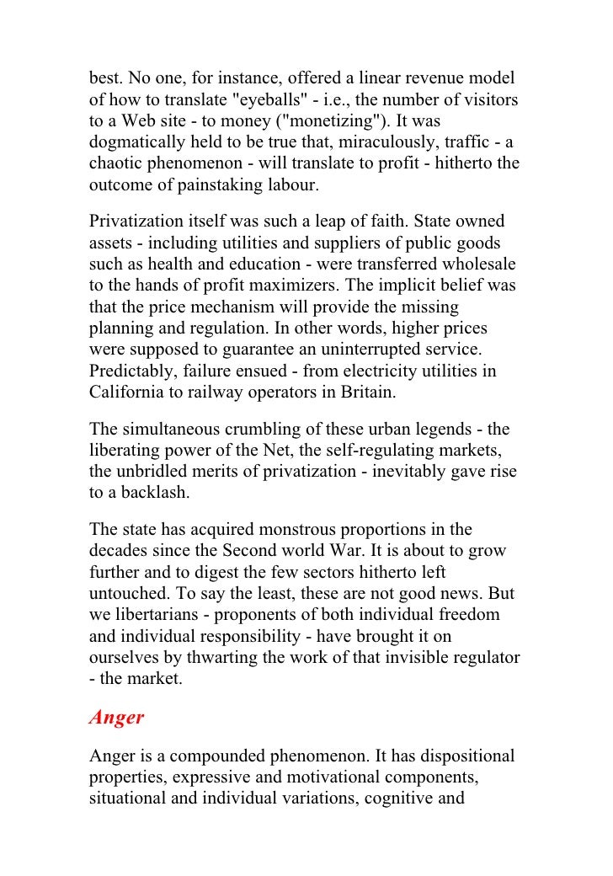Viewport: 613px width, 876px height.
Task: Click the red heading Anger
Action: pyautogui.click(x=117, y=718)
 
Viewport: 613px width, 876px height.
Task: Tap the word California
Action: pyautogui.click(x=131, y=392)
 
